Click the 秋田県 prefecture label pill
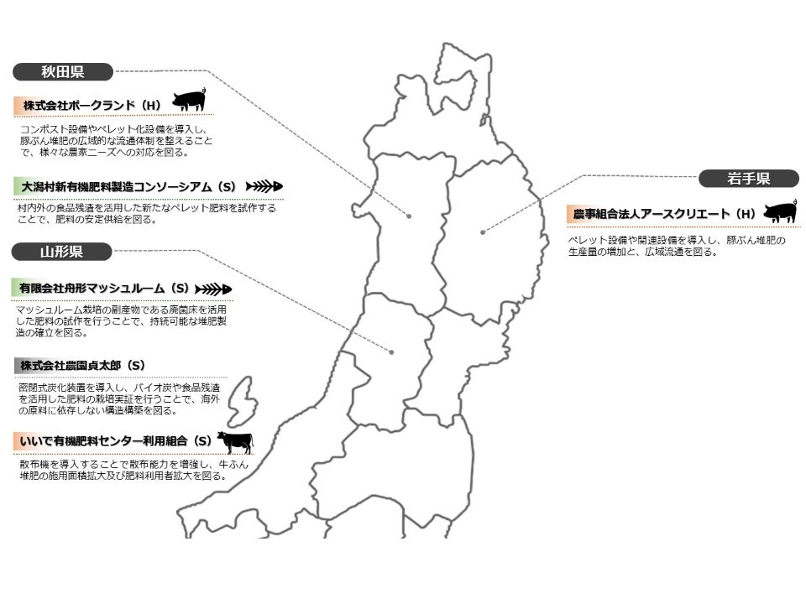[x=62, y=72]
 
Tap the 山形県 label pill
[x=62, y=252]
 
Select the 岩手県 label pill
[x=749, y=178]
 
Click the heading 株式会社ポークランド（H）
[x=92, y=106]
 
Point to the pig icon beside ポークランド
[x=188, y=101]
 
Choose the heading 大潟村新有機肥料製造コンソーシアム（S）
[x=128, y=186]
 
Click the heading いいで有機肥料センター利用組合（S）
[x=113, y=440]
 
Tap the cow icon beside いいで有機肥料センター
[x=234, y=440]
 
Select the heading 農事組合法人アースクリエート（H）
[x=664, y=214]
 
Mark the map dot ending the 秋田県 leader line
[x=409, y=216]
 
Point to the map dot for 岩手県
[x=483, y=232]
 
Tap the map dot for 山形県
[x=391, y=351]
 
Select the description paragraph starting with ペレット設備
[x=676, y=246]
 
